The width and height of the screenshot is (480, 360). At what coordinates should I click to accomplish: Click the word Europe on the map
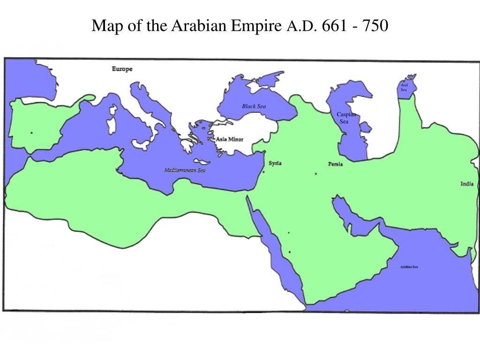122,69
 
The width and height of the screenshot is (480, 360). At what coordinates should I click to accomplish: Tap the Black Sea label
254,106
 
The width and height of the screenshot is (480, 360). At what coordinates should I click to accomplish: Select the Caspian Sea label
346,118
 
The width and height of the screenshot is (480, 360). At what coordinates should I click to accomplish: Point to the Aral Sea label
404,87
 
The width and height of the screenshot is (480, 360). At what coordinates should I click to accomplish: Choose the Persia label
335,164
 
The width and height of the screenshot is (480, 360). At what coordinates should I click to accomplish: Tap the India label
467,184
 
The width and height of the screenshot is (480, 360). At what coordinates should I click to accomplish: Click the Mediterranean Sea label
185,170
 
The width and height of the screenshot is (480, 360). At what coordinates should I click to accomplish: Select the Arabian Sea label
409,267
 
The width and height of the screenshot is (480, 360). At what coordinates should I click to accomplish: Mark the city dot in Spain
31,133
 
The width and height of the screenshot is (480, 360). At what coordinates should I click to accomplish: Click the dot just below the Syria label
263,172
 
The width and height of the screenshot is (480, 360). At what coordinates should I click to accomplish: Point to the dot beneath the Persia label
316,174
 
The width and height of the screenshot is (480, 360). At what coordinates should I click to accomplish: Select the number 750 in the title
374,26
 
